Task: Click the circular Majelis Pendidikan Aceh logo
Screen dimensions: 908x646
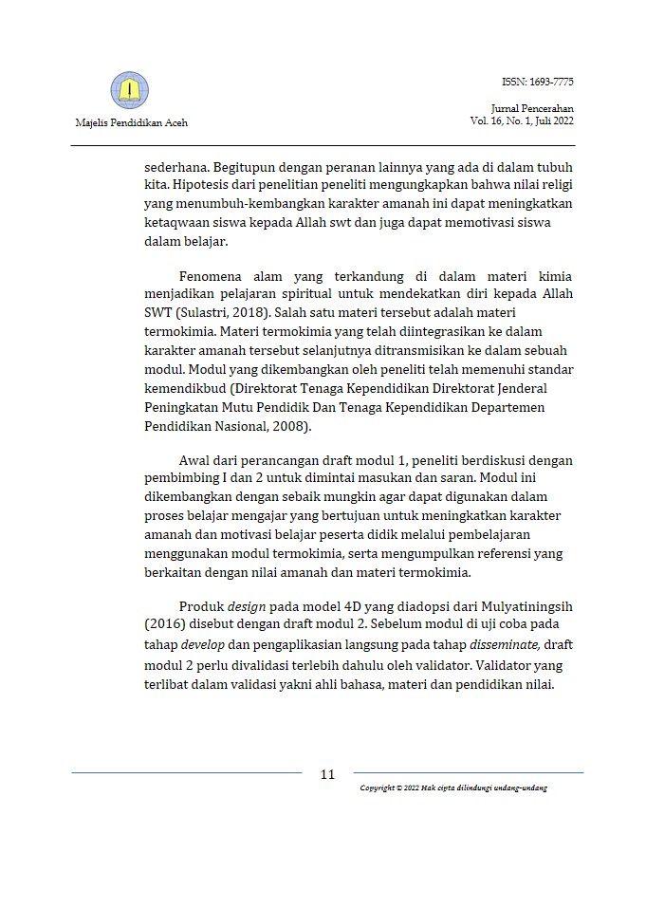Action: (130, 90)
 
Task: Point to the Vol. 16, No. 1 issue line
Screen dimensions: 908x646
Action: (521, 121)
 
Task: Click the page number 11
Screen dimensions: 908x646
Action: (327, 774)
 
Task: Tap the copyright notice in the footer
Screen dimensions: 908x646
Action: (453, 788)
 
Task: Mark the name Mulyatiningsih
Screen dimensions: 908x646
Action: (525, 605)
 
